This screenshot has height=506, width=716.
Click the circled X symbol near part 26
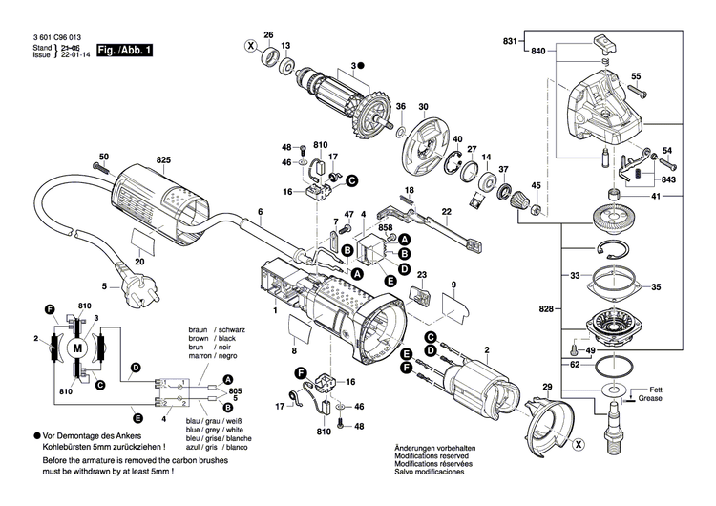tap(251, 46)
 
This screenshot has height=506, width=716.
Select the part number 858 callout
tap(385, 230)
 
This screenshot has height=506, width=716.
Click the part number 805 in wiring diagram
tap(236, 390)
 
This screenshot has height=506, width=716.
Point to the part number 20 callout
tap(139, 260)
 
